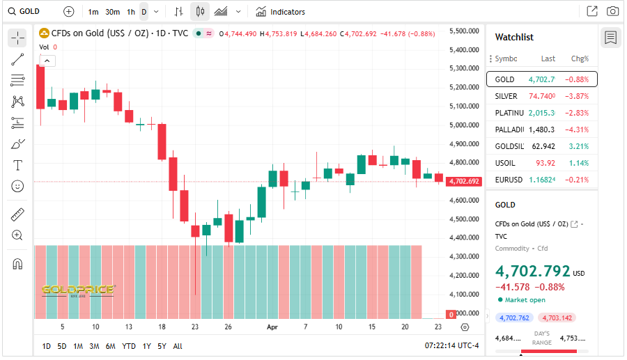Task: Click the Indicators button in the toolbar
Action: [x=280, y=12]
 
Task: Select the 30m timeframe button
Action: [x=112, y=12]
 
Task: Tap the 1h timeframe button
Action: [x=131, y=12]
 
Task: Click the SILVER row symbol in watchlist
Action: [x=506, y=96]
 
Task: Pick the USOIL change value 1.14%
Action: [x=579, y=163]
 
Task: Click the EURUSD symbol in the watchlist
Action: [x=509, y=180]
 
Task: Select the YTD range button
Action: [x=129, y=346]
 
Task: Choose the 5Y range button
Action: [x=162, y=346]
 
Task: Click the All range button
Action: [x=178, y=346]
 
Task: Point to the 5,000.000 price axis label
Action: [x=465, y=125]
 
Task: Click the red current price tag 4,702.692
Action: [x=464, y=181]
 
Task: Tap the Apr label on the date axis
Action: [x=272, y=327]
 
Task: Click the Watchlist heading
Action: [x=514, y=37]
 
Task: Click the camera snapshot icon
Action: [x=612, y=11]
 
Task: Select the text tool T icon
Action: [x=17, y=165]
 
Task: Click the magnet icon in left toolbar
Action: [x=17, y=264]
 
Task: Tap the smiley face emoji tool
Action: [x=17, y=186]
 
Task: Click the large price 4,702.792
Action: [x=532, y=272]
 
